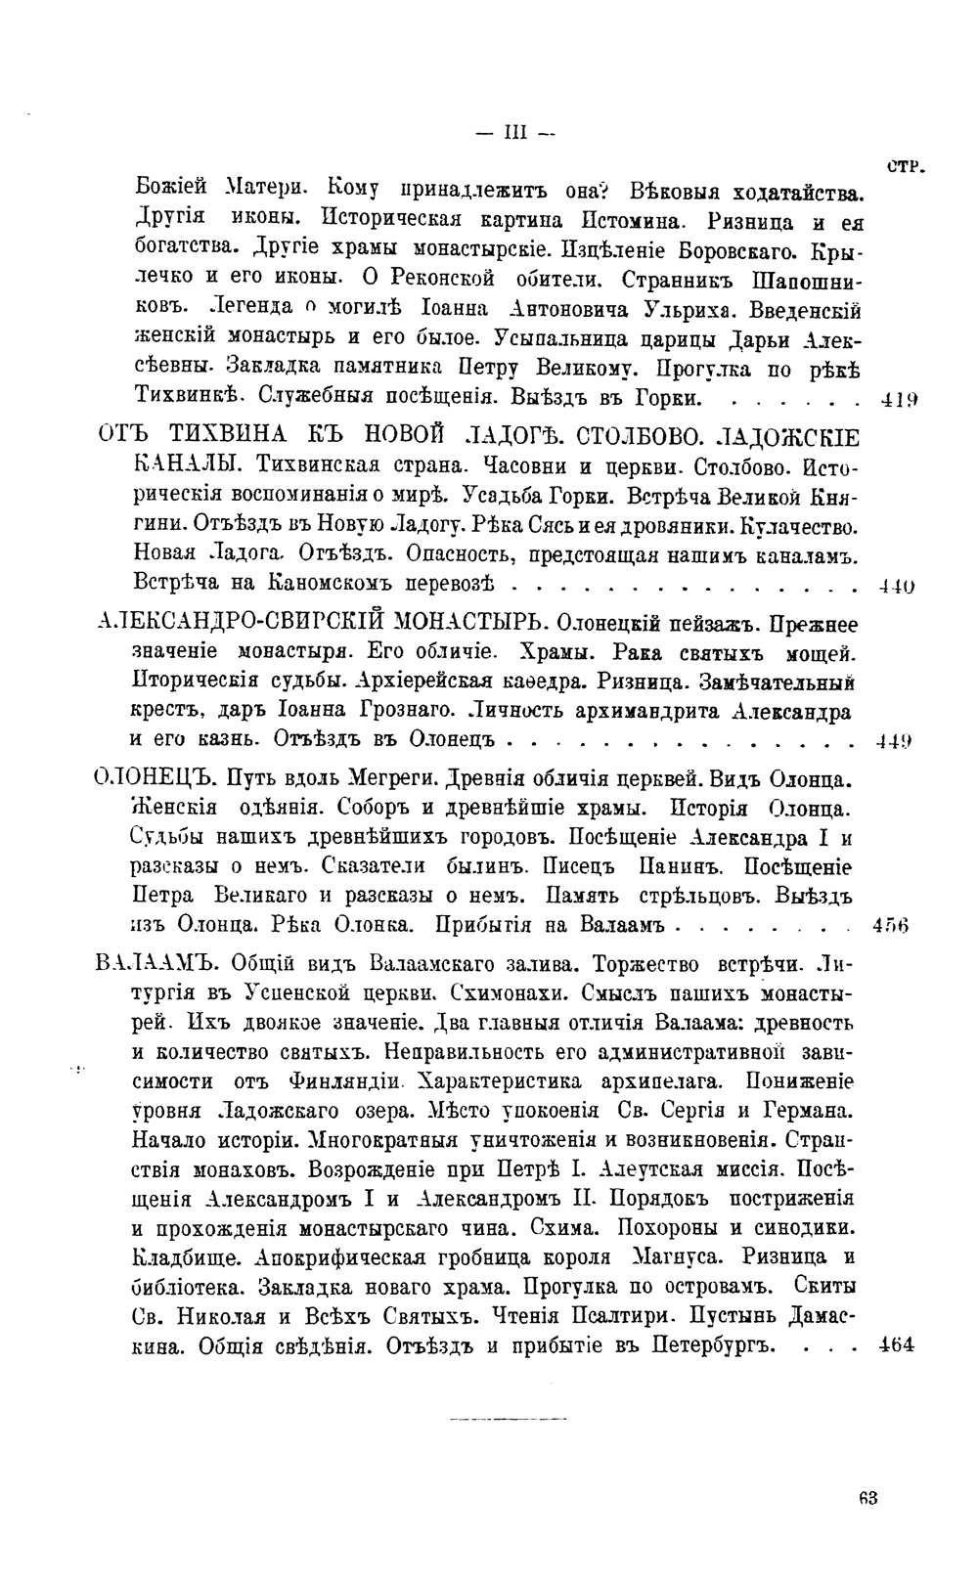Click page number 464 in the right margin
896,1344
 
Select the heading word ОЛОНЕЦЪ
153,780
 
